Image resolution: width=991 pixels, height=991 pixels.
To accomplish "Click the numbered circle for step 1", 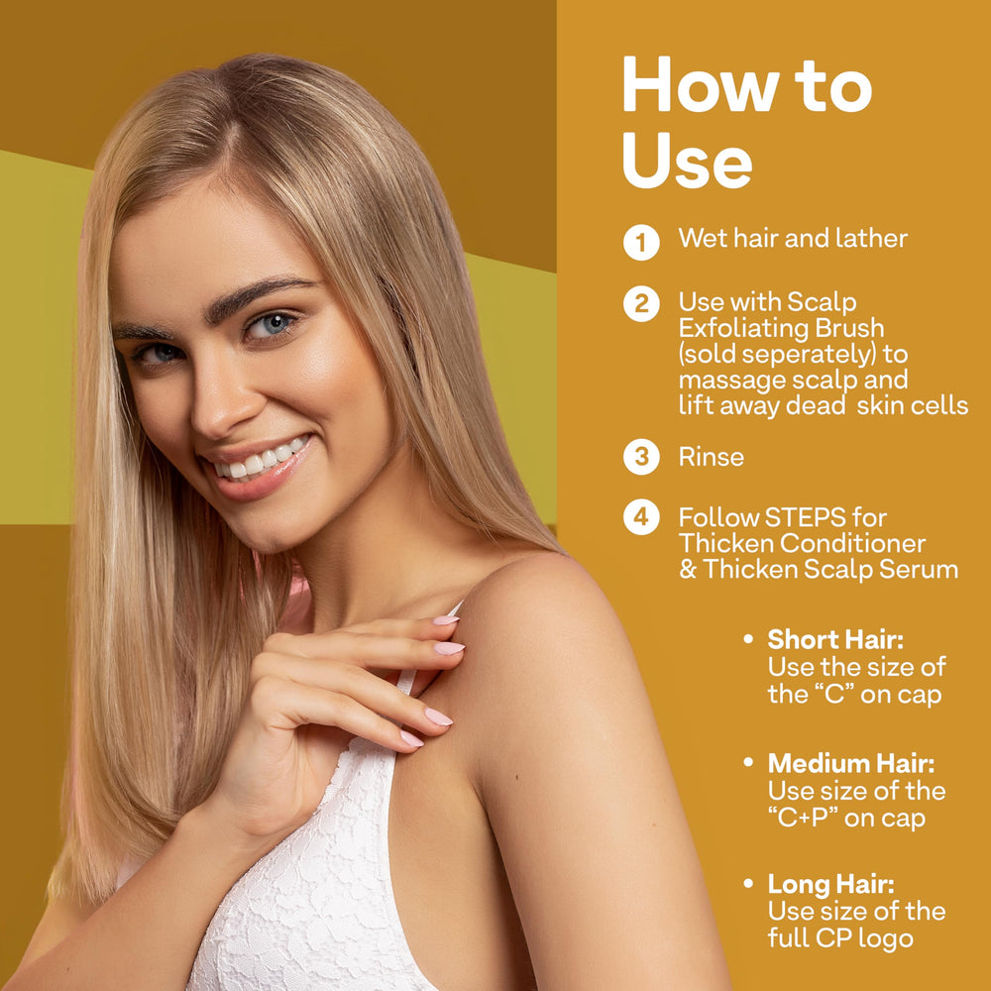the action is [x=641, y=242].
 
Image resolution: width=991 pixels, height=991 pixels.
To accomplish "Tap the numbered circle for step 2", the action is [x=641, y=304].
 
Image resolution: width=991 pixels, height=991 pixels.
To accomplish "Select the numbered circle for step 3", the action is [x=641, y=456].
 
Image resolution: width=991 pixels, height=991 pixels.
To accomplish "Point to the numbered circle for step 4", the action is [x=641, y=517].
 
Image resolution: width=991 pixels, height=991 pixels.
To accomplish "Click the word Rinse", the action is [x=711, y=457].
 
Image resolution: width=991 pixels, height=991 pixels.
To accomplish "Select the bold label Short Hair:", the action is [x=835, y=639].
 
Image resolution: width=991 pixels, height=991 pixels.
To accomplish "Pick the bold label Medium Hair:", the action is [x=851, y=763].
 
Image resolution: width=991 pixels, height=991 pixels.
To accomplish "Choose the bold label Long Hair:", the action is [x=831, y=885].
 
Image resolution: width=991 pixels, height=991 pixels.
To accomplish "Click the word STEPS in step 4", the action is [x=805, y=517].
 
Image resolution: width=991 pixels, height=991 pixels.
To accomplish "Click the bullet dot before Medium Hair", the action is [x=748, y=762].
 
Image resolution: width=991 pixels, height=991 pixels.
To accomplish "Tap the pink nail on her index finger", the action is [x=448, y=648].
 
